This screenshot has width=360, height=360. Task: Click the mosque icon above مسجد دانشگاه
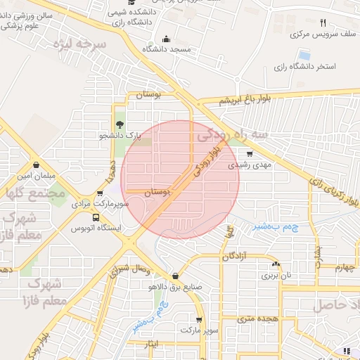pos(166,39)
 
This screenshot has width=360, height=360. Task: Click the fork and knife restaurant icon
pos(323,22)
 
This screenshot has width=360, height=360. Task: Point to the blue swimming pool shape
pos(304,54)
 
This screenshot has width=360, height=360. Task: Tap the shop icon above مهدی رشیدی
pos(250,154)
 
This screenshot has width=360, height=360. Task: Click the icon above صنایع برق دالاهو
pos(174,276)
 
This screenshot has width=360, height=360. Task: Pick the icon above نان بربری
pos(275,264)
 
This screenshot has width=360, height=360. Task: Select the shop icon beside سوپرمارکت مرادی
pos(100,193)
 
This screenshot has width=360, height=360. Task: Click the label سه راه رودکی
pos(232,132)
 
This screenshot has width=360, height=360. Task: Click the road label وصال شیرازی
pos(130,270)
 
